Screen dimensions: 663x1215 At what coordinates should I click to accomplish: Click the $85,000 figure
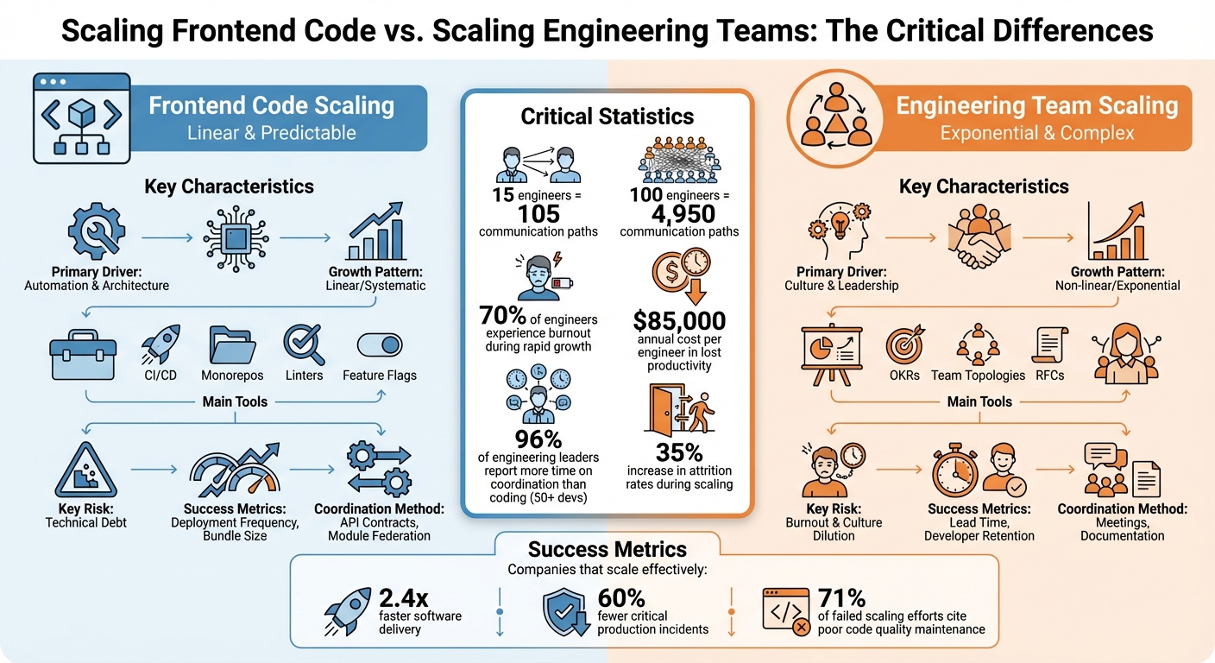click(x=679, y=321)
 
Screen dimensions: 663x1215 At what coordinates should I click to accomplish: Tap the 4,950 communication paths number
click(x=679, y=213)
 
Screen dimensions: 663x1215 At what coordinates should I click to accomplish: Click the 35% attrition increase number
click(x=679, y=452)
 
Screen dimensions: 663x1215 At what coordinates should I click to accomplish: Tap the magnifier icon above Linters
click(x=304, y=346)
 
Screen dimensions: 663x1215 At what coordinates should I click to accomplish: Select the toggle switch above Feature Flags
click(x=379, y=346)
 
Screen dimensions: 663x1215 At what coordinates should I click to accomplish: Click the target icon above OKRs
click(x=904, y=346)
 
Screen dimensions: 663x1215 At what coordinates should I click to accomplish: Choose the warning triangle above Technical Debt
click(x=85, y=471)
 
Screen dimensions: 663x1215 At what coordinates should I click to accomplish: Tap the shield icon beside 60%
click(x=566, y=612)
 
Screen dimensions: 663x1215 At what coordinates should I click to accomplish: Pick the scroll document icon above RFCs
click(x=1049, y=346)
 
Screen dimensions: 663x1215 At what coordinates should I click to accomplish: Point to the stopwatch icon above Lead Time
click(x=955, y=471)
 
